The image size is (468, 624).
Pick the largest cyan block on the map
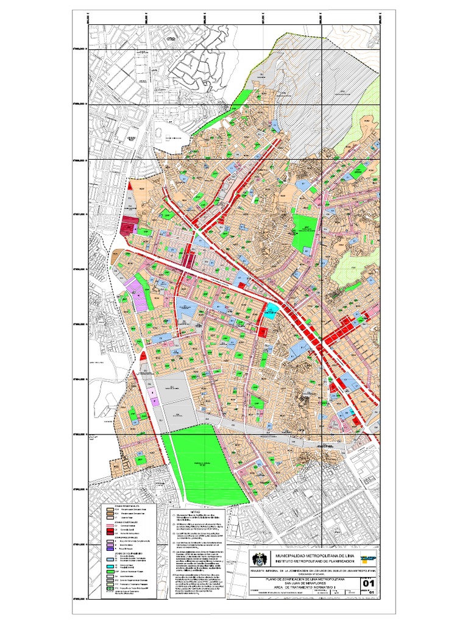(271, 308)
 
